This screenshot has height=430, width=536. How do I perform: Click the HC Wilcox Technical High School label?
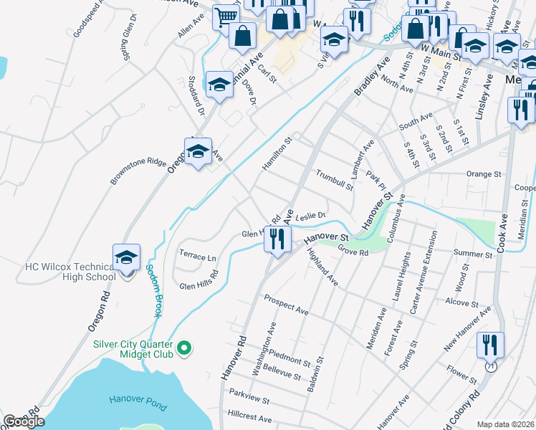[70, 272]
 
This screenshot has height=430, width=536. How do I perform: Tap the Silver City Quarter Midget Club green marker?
[184, 348]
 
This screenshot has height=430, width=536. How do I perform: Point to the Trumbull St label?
[335, 181]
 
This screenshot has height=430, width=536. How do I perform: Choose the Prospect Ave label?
[286, 305]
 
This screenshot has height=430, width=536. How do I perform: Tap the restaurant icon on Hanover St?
[277, 239]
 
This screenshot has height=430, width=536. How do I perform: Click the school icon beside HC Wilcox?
[127, 257]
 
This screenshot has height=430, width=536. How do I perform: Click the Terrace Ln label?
[197, 257]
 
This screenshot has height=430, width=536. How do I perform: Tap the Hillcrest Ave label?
[250, 417]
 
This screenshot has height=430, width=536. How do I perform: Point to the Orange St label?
[483, 173]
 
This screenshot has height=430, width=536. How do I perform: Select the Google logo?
[24, 421]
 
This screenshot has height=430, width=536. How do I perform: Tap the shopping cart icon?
[226, 16]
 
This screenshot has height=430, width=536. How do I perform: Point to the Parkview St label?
[249, 396]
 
